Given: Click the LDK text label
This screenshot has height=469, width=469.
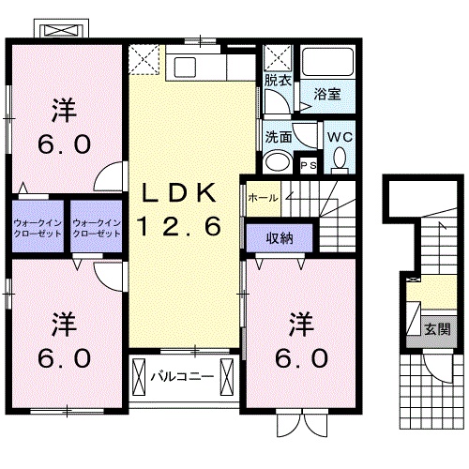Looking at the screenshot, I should point(181,193).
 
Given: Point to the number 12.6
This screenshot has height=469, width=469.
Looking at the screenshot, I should point(181,225).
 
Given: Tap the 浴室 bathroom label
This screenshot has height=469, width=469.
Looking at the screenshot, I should point(326,94).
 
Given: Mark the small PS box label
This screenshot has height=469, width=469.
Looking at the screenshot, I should point(309,165).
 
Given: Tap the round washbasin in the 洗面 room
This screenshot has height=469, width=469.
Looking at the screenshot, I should point(277,162).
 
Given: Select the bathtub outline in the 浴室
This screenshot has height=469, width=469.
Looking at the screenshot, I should point(327,62).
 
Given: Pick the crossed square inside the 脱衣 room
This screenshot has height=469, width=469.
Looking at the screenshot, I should point(276,59).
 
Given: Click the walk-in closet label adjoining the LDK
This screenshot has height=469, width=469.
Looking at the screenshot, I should point(97,227).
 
